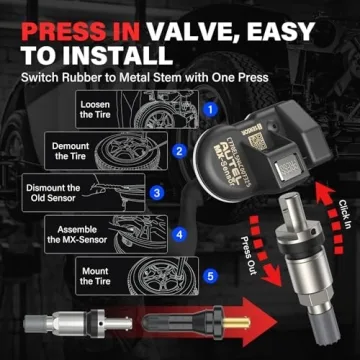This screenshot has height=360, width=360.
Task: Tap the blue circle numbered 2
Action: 177,151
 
